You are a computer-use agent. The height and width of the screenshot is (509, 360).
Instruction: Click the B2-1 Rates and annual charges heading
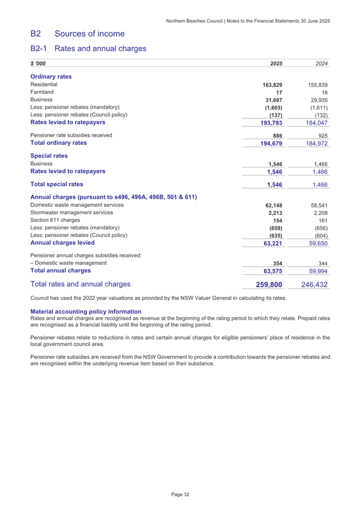[89, 49]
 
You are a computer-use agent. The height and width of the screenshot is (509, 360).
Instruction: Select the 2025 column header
[276, 64]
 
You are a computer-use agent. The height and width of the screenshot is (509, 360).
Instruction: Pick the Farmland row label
[42, 92]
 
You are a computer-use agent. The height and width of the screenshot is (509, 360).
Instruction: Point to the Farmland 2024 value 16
[324, 93]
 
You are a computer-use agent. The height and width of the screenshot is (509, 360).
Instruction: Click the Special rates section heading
[50, 156]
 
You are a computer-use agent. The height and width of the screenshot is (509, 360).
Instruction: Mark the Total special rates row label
[57, 184]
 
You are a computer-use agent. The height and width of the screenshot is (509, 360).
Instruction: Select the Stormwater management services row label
[72, 213]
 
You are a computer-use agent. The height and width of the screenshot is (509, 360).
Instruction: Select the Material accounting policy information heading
[86, 311]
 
